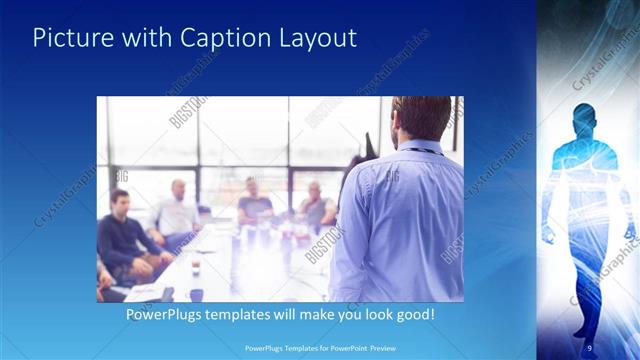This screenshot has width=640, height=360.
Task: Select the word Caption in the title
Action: pos(226,39)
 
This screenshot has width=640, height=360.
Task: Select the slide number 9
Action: pos(589,347)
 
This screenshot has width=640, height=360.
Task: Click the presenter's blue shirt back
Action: pos(400,220)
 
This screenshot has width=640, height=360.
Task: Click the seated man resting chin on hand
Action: pos(316,205)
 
